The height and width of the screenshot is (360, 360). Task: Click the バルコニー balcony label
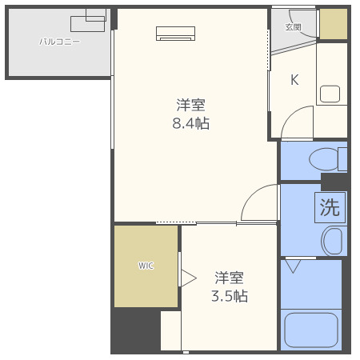pyautogui.click(x=60, y=42)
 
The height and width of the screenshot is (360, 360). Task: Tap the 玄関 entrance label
pyautogui.click(x=293, y=27)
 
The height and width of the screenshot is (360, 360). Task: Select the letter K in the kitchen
pyautogui.click(x=294, y=79)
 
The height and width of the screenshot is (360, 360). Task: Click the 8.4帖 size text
pyautogui.click(x=191, y=123)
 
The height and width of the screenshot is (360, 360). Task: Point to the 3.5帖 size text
pyautogui.click(x=229, y=296)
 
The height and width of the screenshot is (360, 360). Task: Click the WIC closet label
pyautogui.click(x=146, y=266)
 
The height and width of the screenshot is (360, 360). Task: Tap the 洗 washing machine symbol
pyautogui.click(x=330, y=208)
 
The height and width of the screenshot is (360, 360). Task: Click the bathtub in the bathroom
pyautogui.click(x=312, y=330)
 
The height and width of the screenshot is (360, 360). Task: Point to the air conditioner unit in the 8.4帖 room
pyautogui.click(x=175, y=33)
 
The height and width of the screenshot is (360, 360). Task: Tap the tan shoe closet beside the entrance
pyautogui.click(x=333, y=24)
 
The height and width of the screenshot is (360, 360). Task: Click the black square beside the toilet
pyautogui.click(x=334, y=181)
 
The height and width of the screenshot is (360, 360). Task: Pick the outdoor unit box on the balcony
pyautogui.click(x=87, y=22)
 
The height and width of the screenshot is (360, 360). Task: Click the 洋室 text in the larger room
pyautogui.click(x=191, y=105)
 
